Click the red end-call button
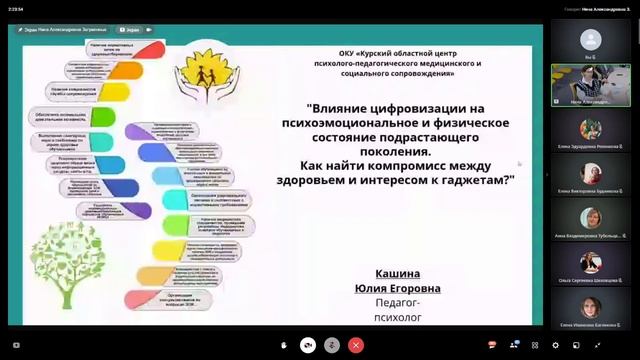click(x=357, y=344)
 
